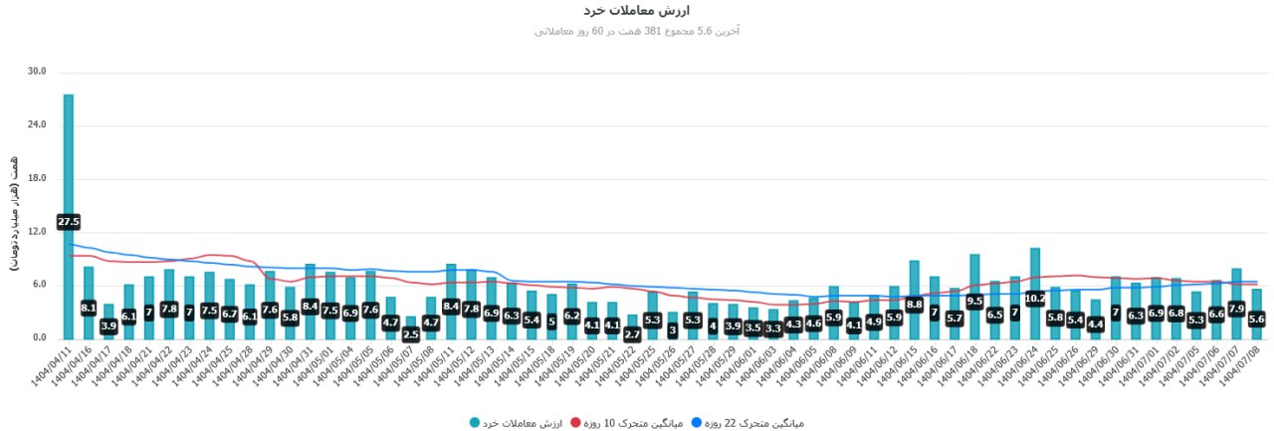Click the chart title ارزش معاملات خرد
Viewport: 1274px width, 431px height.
636,10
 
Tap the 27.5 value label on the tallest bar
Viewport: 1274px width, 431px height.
69,221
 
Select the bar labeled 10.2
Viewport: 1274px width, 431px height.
1035,298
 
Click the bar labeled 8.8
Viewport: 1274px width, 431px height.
914,304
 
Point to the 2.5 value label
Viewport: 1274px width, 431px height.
410,334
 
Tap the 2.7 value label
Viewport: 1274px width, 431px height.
632,333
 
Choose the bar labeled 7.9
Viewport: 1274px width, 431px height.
1236,309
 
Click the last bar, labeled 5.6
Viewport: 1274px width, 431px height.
1256,320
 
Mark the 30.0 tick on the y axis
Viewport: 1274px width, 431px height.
37,72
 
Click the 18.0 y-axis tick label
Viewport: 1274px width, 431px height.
37,178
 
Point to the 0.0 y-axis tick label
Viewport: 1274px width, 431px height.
40,338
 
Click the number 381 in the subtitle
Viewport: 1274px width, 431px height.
655,32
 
